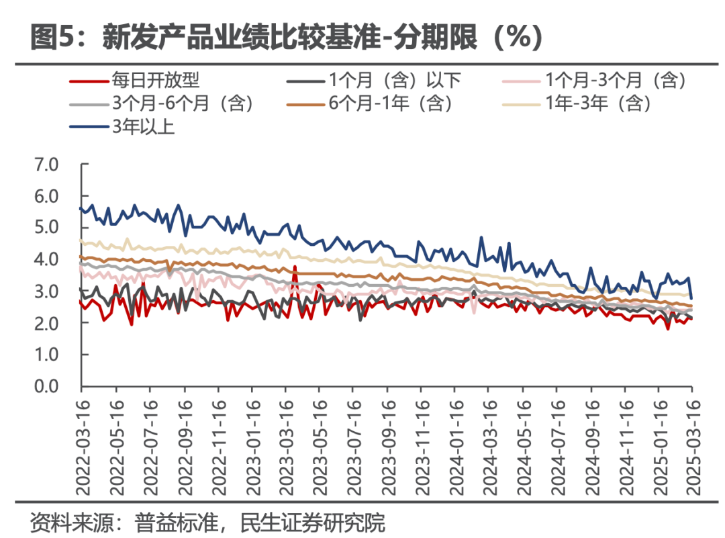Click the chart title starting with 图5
tap(286, 38)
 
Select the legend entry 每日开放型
tap(155, 81)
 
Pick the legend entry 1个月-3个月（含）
tap(615, 81)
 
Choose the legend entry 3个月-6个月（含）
tap(182, 103)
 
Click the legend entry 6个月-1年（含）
tap(390, 103)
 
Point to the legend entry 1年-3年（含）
tap(597, 103)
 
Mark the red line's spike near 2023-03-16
tap(295, 267)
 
